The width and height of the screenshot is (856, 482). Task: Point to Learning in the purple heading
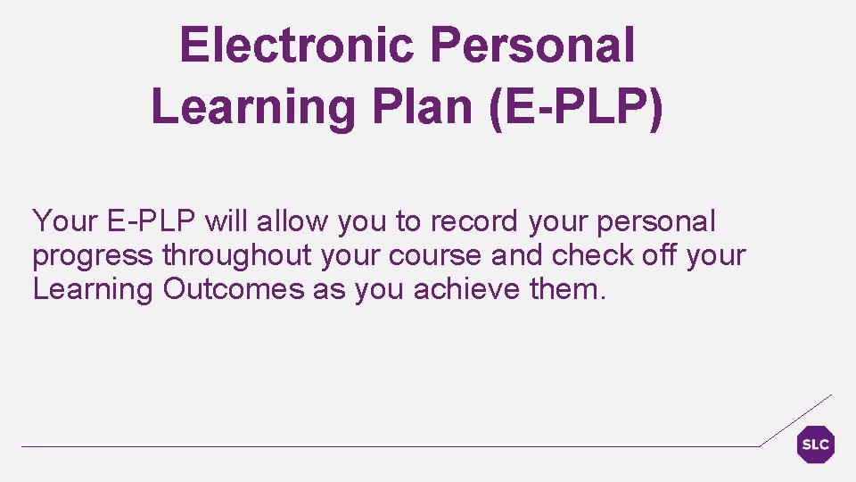251,108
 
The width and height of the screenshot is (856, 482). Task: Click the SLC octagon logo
815,445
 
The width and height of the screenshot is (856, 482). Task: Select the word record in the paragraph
479,221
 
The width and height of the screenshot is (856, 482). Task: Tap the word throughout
236,255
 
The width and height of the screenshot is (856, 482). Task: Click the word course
436,255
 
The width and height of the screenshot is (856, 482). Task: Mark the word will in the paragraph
225,221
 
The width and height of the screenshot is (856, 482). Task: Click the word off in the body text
660,255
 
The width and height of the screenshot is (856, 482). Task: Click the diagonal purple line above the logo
795,420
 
